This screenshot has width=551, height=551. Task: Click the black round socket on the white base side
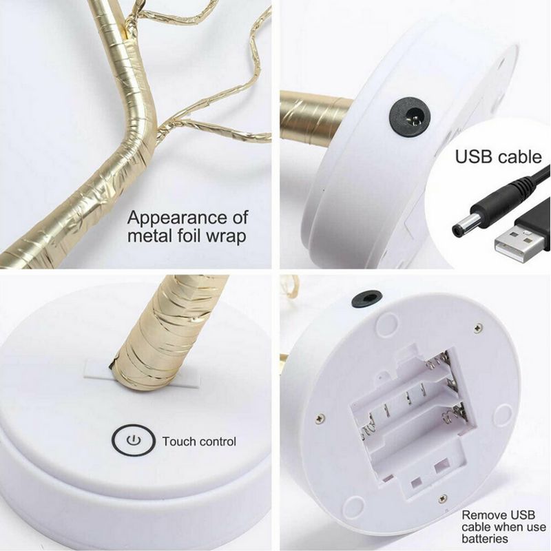tap(410, 116)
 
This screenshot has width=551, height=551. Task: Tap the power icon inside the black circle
tap(133, 440)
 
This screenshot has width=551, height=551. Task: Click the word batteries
tap(485, 539)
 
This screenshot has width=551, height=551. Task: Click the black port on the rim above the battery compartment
tap(367, 298)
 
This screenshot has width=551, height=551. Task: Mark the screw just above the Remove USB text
tap(443, 498)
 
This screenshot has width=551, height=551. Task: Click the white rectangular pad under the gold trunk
tap(142, 376)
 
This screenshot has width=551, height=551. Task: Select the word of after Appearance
tap(240, 218)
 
